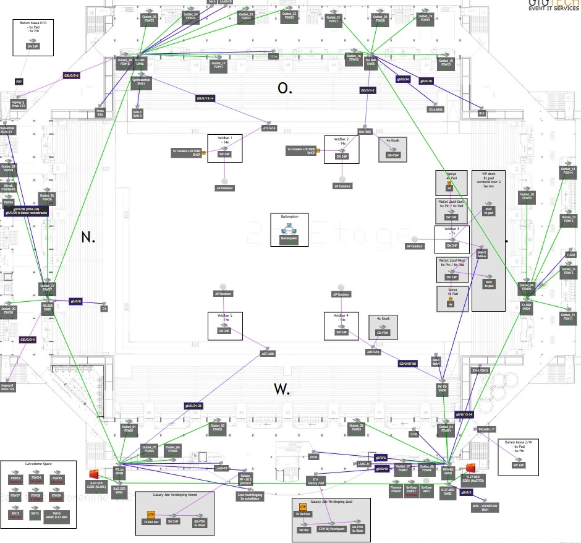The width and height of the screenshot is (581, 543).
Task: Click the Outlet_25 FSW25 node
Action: point(149,18)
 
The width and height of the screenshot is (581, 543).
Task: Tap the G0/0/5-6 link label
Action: point(72,75)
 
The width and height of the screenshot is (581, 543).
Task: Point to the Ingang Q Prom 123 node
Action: point(18,103)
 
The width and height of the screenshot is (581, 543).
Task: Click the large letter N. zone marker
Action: point(88,237)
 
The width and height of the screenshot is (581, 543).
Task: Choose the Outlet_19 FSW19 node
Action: point(424,18)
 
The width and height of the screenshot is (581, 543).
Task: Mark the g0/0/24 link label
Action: point(403,79)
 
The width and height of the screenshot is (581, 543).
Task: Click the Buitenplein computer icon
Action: point(289,231)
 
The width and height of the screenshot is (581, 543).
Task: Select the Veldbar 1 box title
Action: point(224,140)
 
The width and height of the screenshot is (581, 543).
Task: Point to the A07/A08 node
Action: point(267,354)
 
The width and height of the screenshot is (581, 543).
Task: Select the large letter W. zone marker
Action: point(282,389)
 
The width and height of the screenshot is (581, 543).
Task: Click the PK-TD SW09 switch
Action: point(442,388)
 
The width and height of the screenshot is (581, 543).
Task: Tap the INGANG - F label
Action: point(485,428)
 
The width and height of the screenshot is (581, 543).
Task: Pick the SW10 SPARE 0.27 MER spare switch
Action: point(56,514)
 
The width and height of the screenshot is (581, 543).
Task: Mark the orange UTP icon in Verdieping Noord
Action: point(150,515)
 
